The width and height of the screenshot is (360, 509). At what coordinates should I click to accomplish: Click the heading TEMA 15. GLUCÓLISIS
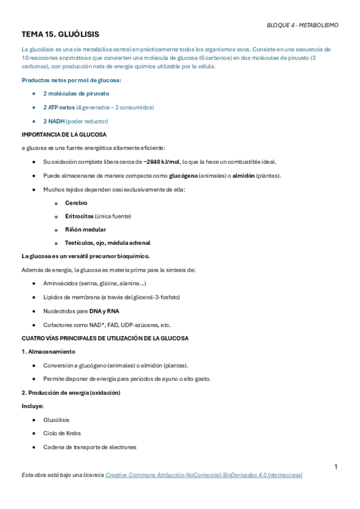pyautogui.click(x=60, y=35)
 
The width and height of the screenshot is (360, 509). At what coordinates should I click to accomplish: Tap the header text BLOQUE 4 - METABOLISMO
pyautogui.click(x=302, y=25)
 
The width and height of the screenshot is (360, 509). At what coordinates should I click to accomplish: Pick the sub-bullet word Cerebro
pyautogui.click(x=76, y=203)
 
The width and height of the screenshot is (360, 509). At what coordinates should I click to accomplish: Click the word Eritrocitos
pyautogui.click(x=79, y=216)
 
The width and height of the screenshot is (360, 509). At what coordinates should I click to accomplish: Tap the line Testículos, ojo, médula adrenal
pyautogui.click(x=107, y=243)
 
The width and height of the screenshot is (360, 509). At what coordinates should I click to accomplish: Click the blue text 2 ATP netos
pyautogui.click(x=59, y=107)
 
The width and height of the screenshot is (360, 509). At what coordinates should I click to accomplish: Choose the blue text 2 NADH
pyautogui.click(x=53, y=121)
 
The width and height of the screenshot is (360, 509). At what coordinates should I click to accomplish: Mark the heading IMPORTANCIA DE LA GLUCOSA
pyautogui.click(x=64, y=134)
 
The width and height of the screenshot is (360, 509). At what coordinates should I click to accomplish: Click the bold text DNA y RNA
pyautogui.click(x=104, y=311)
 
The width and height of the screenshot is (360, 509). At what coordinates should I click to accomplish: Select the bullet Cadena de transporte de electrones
pyautogui.click(x=89, y=447)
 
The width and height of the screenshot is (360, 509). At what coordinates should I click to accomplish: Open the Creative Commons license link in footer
pyautogui.click(x=203, y=475)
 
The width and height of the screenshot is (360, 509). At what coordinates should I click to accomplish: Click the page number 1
pyautogui.click(x=336, y=467)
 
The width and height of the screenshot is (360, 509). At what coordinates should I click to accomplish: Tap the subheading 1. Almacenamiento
pyautogui.click(x=48, y=352)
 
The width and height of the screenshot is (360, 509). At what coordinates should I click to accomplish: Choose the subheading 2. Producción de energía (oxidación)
pyautogui.click(x=71, y=393)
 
